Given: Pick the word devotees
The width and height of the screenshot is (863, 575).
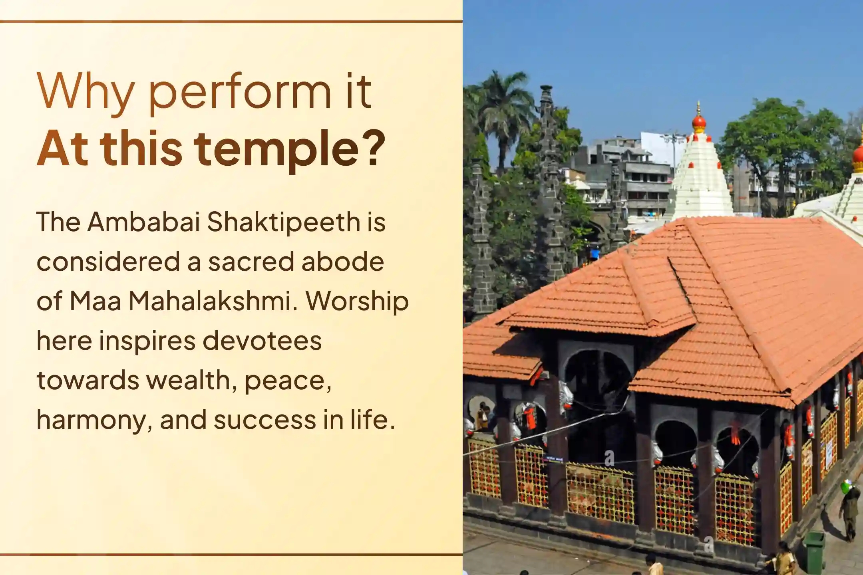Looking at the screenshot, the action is pos(262,341).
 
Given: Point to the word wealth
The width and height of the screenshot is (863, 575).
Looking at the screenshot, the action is pos(189,380).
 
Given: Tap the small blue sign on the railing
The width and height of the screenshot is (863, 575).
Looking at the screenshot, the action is pos(555,459).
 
